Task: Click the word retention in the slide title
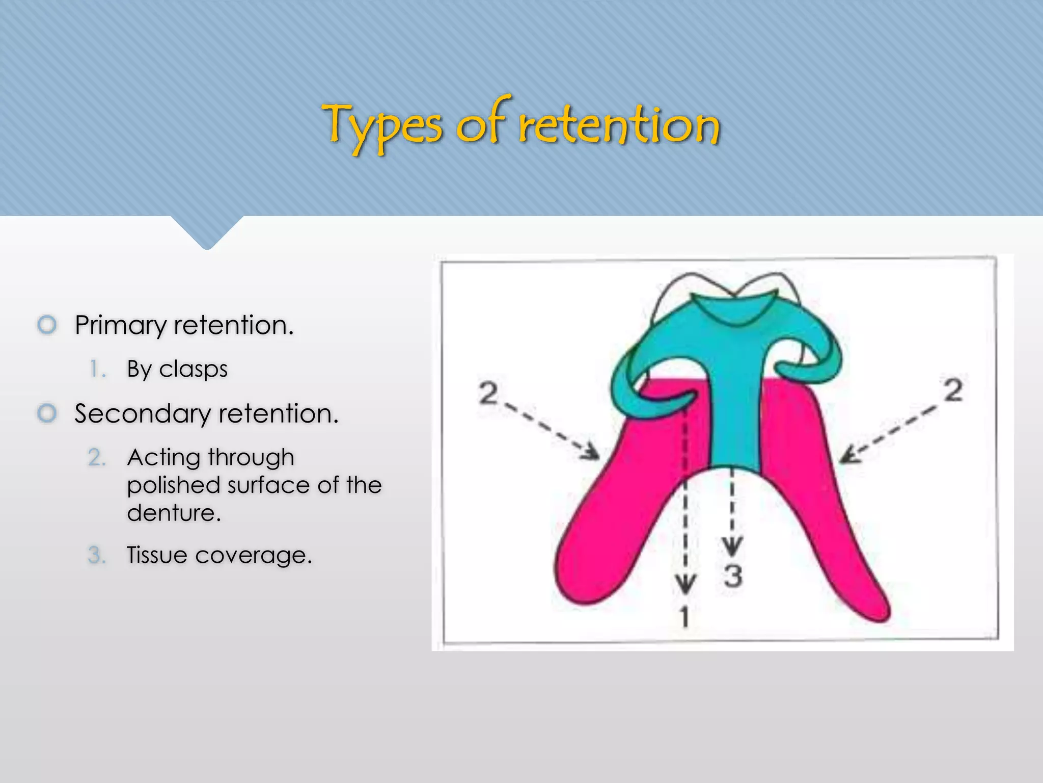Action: pos(619,125)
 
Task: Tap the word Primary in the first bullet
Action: pos(120,325)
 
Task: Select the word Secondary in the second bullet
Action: pos(142,413)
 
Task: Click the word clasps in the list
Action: pos(193,369)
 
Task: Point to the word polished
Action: pos(173,485)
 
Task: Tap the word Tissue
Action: pos(157,555)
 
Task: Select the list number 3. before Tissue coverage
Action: pos(96,555)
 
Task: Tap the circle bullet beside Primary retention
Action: pos(47,325)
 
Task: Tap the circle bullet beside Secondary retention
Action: pos(47,413)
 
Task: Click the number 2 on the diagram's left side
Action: pos(488,393)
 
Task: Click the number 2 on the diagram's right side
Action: pos(953,390)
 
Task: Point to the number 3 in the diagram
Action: pos(733,577)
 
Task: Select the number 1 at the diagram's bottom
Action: pos(685,617)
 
